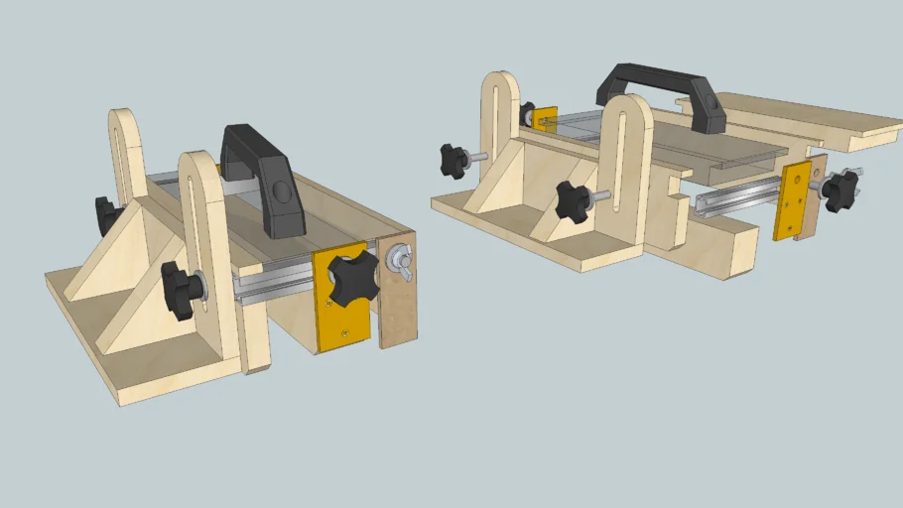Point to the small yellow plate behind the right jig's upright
[x=545, y=118]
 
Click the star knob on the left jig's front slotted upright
[x=182, y=290]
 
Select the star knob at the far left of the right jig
[x=454, y=158]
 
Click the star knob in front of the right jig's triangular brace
[x=574, y=201]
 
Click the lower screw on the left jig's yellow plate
[x=342, y=332]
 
